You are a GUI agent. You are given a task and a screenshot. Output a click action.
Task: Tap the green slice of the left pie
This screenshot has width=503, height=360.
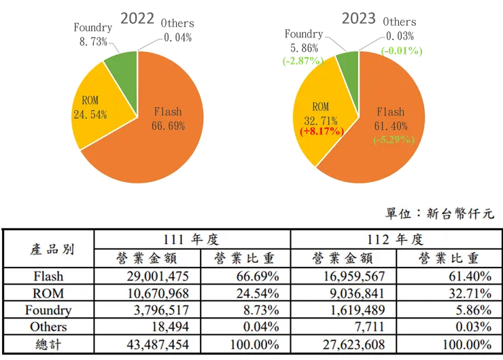pyautogui.click(x=122, y=65)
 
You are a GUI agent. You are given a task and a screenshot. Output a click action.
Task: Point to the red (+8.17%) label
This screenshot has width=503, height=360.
pyautogui.click(x=319, y=131)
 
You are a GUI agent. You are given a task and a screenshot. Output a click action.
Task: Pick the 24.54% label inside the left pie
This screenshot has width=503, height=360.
pyautogui.click(x=90, y=114)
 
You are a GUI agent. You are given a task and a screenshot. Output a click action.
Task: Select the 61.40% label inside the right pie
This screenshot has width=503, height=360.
pyautogui.click(x=390, y=126)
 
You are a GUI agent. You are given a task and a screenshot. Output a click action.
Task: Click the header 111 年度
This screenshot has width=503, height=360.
pyautogui.click(x=191, y=240)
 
